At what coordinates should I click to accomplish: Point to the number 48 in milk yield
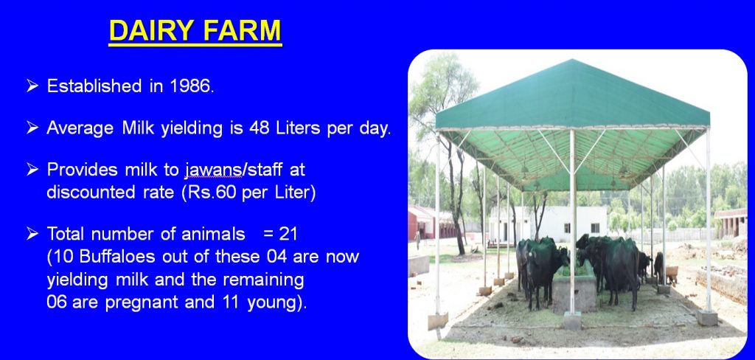tap(260, 128)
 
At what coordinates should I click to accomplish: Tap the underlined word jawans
tap(213, 170)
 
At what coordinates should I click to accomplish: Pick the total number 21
tap(288, 234)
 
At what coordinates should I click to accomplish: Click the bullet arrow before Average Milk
tap(32, 128)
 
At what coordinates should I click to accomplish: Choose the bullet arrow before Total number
tap(32, 234)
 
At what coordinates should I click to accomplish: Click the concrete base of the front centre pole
tap(572, 320)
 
